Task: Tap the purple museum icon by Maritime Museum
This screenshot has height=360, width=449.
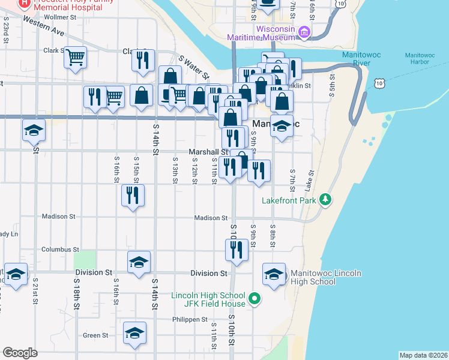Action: [304, 32]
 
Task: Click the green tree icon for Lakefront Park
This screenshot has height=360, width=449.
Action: [325, 199]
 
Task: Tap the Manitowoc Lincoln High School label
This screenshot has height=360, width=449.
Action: [325, 277]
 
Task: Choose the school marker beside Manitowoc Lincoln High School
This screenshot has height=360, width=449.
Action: [274, 274]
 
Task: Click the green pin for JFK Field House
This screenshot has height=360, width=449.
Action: [255, 298]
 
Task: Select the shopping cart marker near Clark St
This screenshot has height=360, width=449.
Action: [76, 58]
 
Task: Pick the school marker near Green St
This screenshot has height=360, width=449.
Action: [134, 333]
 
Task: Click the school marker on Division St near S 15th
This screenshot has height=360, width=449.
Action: [139, 262]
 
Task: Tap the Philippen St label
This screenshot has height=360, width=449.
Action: [190, 320]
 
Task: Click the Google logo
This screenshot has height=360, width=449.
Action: [20, 353]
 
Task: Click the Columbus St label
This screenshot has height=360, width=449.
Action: [60, 249]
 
